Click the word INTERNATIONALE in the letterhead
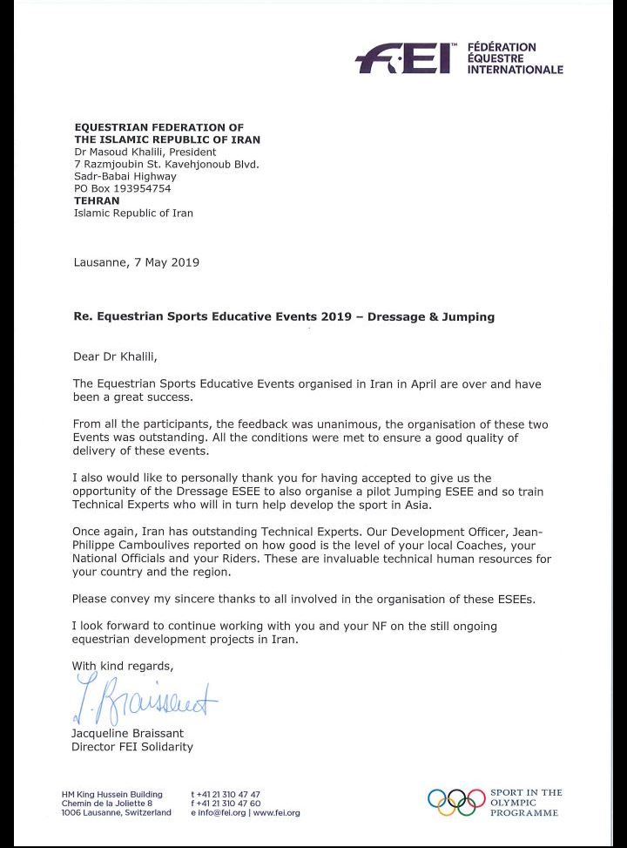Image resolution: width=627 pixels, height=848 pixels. coord(515,70)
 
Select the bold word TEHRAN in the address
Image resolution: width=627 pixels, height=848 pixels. coord(97,200)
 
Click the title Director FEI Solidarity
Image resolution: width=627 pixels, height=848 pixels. coord(132,747)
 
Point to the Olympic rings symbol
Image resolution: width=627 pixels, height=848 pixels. coord(456,801)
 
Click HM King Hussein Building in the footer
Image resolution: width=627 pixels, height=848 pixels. coord(112,794)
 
